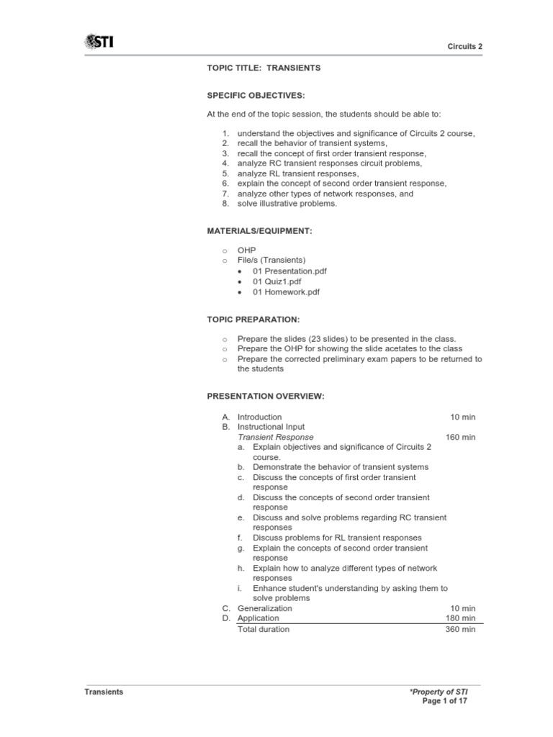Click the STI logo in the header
tap(99, 42)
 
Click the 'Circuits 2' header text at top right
tap(465, 46)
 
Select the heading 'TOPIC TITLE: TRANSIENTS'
tap(264, 68)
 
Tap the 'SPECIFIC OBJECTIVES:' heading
tap(256, 95)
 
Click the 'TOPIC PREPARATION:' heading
tap(253, 319)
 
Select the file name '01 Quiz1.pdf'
tap(278, 281)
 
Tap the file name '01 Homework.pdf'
tap(286, 292)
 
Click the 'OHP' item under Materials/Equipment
tap(246, 250)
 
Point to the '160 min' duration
tap(461, 437)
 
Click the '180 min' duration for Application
tap(461, 618)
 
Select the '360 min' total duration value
tap(461, 629)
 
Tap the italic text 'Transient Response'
tap(276, 437)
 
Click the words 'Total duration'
tap(264, 629)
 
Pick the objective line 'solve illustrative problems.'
tap(287, 204)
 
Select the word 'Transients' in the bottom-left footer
tap(104, 692)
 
